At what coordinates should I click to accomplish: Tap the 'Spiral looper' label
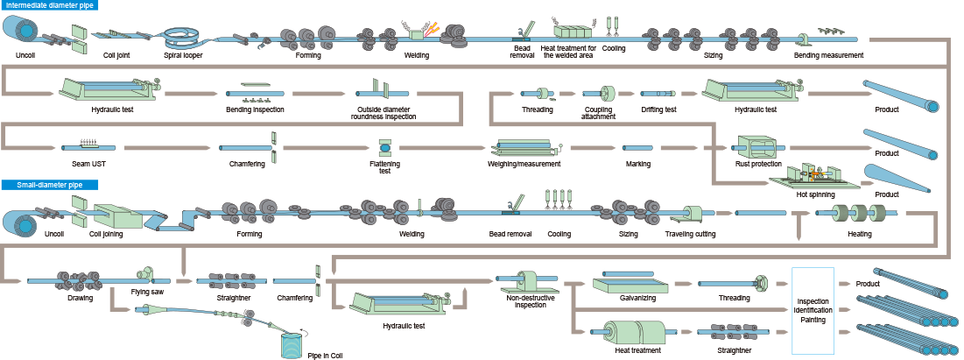(183, 55)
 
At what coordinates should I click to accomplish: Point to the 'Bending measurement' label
(828, 55)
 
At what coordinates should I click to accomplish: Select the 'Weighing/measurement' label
(524, 163)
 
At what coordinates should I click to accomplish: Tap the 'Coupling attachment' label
(598, 113)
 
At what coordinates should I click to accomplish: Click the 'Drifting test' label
(658, 109)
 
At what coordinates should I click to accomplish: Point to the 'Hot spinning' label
(814, 194)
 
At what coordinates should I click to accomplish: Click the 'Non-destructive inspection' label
(531, 301)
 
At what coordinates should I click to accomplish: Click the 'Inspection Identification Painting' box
(813, 310)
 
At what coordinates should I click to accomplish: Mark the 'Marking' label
(637, 163)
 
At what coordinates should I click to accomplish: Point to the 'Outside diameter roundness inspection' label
(383, 113)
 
